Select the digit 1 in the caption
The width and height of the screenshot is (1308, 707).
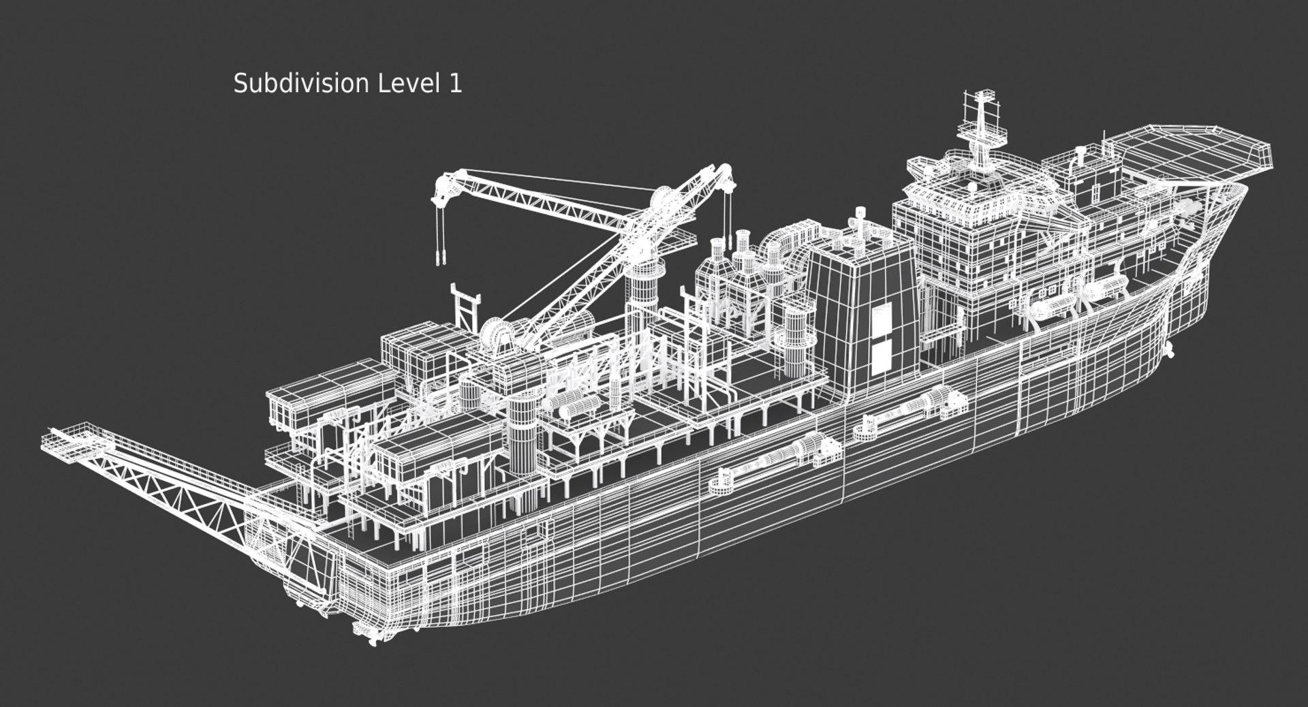(x=454, y=84)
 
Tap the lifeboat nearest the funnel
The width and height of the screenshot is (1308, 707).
(x=1049, y=308)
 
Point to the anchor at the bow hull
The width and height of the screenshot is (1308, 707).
(x=1169, y=350)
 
